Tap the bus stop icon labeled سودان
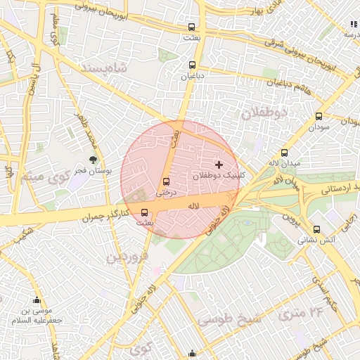[x=319, y=117]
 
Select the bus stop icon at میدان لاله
[x=284, y=153]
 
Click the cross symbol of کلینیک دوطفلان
[x=219, y=164]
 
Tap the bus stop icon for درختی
[x=166, y=180]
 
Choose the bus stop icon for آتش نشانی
[x=317, y=229]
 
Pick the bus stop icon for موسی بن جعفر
[x=37, y=300]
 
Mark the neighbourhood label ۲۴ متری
[x=300, y=310]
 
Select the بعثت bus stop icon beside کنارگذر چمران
[x=145, y=212]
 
